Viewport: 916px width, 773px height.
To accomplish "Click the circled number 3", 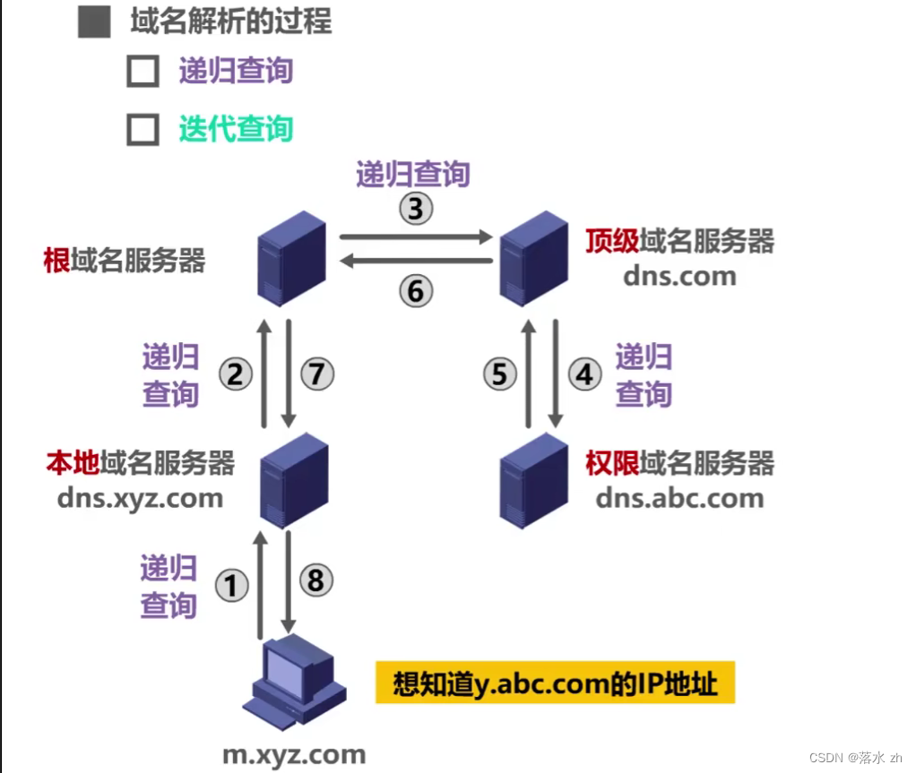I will click(415, 209).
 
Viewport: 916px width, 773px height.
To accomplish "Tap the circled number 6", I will click(416, 291).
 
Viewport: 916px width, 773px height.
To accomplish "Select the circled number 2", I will click(235, 374).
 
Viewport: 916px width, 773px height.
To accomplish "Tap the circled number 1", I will click(231, 586).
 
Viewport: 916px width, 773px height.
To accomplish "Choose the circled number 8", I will click(315, 580).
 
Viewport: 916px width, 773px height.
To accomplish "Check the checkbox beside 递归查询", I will click(143, 72).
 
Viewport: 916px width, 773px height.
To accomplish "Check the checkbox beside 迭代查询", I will click(143, 130).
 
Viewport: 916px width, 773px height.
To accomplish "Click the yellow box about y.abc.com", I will click(555, 684).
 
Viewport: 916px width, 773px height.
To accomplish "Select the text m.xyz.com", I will click(294, 754).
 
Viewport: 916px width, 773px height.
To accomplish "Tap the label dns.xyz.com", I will click(140, 498).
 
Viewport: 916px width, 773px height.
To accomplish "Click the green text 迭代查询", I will click(236, 129).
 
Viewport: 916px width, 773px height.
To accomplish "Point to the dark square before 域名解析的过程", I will click(94, 21).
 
